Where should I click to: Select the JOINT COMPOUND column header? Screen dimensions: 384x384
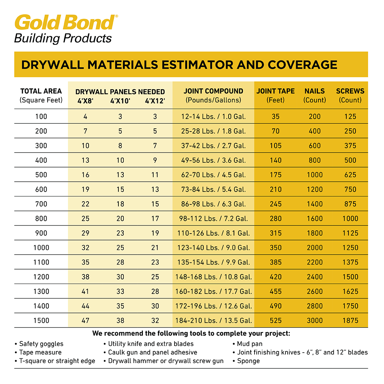point(213,91)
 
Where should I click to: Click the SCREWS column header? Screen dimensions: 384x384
point(350,91)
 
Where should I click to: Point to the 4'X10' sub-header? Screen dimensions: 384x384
point(120,101)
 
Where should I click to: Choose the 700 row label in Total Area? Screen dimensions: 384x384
point(41,204)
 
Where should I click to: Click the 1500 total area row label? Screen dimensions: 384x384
point(41,321)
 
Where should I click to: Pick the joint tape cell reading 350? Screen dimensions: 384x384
point(276,248)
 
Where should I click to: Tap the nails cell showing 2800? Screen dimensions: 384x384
point(315,306)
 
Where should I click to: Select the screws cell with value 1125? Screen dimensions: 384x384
point(350,233)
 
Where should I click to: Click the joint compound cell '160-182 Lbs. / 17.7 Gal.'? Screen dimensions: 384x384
point(213,292)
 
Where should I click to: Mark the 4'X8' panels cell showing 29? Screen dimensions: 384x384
point(85,233)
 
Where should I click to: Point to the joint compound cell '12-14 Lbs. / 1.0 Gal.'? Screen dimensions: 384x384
point(213,117)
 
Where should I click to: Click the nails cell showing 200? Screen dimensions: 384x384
point(315,117)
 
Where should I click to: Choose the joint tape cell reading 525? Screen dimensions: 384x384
point(276,321)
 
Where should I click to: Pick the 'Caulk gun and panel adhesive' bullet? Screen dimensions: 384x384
point(153,352)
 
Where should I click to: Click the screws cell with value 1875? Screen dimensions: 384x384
point(350,321)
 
